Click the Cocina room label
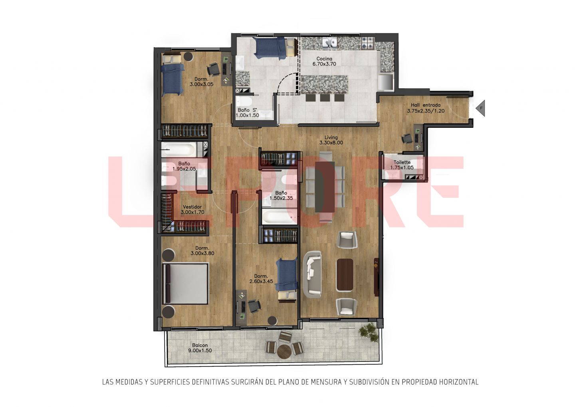[324, 59]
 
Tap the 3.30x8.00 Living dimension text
[331, 143]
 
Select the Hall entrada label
[426, 105]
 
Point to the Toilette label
[402, 162]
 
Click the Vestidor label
[192, 207]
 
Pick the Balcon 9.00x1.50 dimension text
[200, 351]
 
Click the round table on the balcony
[284, 351]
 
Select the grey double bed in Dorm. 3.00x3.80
[185, 284]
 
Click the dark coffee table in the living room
[345, 275]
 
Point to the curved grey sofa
[312, 274]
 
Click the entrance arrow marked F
[480, 108]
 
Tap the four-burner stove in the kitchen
[368, 43]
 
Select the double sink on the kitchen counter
[330, 44]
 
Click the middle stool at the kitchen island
[325, 97]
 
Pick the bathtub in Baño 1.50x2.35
[280, 216]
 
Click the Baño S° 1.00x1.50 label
[248, 113]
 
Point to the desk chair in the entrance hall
[406, 139]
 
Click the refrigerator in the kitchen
[386, 81]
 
